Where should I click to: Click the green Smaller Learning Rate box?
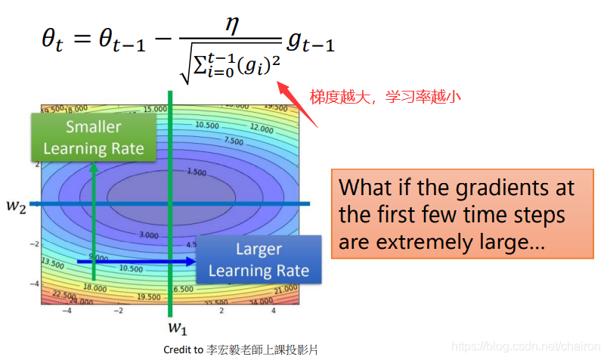(94, 138)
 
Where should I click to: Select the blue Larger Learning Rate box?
(259, 260)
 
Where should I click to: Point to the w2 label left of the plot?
(18, 205)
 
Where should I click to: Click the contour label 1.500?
(196, 172)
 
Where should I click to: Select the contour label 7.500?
(234, 141)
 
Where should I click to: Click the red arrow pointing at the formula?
(291, 93)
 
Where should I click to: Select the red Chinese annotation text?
(385, 96)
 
